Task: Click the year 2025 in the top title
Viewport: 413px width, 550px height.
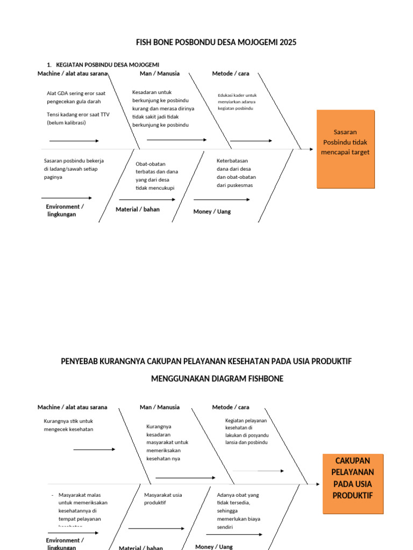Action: pos(287,42)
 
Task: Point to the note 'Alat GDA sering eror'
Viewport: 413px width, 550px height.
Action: pos(76,97)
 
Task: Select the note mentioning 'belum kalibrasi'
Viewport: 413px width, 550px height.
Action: pos(78,118)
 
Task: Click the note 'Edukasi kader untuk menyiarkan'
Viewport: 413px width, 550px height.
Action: pos(237,102)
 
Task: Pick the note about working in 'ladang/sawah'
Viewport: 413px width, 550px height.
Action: pos(74,169)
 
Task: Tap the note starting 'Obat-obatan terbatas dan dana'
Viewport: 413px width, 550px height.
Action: pos(156,176)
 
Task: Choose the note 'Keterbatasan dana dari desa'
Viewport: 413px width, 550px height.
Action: pos(236,173)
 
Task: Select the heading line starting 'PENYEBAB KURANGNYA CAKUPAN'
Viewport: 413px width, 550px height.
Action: pos(206,361)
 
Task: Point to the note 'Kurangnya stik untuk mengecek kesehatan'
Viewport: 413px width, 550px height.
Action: pos(68,425)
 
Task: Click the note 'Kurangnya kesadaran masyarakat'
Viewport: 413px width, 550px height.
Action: pos(167,443)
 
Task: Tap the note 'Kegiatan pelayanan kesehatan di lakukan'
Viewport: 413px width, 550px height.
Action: pos(247,431)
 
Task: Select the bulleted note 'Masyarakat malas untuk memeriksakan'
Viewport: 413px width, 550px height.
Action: pos(82,511)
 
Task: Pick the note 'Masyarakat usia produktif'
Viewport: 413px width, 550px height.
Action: pos(163,498)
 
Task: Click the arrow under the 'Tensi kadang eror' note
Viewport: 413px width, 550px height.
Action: pos(74,141)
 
